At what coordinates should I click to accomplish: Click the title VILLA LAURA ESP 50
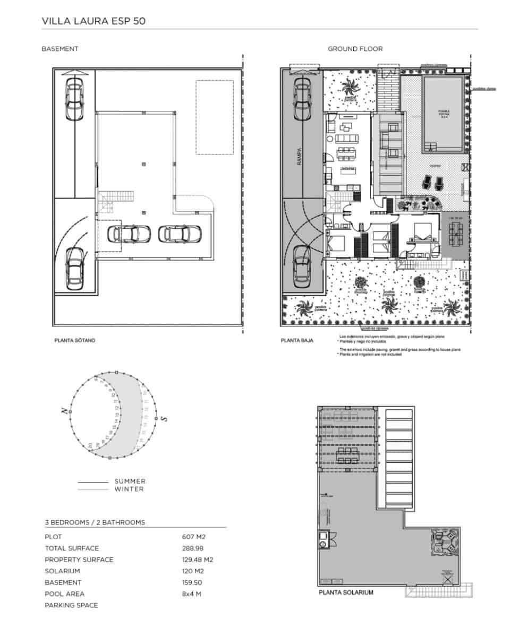(x=93, y=21)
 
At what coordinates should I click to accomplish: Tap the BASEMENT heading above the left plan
(x=60, y=49)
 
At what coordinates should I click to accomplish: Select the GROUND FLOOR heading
(x=355, y=49)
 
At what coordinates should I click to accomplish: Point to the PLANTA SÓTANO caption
(x=75, y=340)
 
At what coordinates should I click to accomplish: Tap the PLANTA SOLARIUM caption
(x=345, y=592)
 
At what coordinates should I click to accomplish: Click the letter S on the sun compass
(x=165, y=419)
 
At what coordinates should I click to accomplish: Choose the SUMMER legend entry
(x=130, y=481)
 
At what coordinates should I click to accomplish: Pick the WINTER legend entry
(x=129, y=489)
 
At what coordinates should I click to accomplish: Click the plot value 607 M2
(x=193, y=537)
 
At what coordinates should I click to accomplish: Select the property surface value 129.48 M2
(x=197, y=559)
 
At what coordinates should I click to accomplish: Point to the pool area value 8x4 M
(x=191, y=594)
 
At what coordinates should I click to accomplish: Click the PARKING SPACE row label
(x=71, y=605)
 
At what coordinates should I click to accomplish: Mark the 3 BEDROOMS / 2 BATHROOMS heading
(x=95, y=523)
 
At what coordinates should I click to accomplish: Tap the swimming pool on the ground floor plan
(x=442, y=114)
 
